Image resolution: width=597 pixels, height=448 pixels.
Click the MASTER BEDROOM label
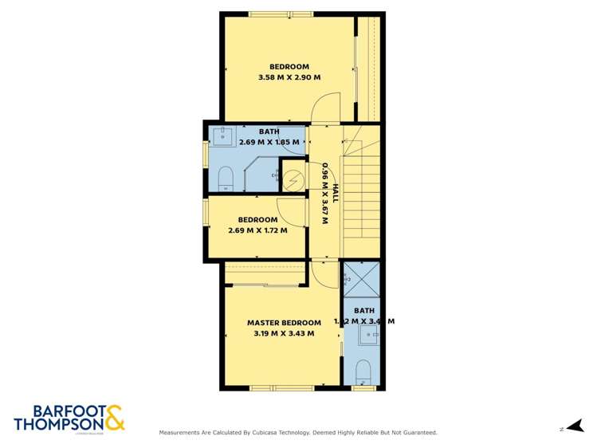[284, 323]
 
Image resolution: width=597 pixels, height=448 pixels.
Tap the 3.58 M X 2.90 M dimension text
[289, 77]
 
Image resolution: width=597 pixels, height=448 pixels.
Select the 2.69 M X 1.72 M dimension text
[257, 231]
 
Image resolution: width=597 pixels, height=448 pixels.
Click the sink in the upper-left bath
[224, 136]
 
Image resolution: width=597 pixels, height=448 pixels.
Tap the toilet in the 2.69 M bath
[225, 177]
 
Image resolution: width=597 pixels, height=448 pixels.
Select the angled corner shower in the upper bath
[262, 174]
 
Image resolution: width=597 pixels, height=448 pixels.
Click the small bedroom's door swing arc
[297, 210]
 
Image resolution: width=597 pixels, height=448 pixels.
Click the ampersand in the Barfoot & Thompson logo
[114, 417]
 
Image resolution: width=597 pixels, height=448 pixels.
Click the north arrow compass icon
[571, 428]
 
